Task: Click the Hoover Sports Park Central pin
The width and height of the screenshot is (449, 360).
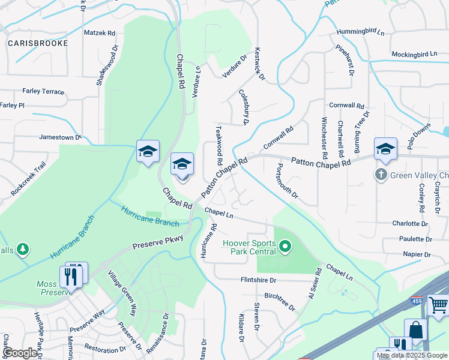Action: coord(286,247)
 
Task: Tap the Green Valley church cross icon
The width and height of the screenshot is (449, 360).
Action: coord(380,175)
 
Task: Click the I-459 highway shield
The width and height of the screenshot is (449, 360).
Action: coord(417,301)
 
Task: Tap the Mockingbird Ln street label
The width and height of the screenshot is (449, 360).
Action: coord(414,54)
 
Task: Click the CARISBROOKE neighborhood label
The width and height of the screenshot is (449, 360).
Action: coord(34,43)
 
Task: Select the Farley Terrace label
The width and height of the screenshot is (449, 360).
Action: coord(43,91)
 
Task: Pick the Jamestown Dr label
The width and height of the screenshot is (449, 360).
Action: coord(60,137)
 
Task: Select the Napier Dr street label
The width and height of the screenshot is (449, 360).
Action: coord(417,254)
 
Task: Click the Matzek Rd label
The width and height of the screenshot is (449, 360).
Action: coord(99,33)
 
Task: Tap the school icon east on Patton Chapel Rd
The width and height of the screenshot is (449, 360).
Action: coord(385,149)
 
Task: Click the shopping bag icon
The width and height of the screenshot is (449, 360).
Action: coord(415,330)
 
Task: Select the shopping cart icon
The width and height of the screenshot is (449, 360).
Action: coord(438,306)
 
